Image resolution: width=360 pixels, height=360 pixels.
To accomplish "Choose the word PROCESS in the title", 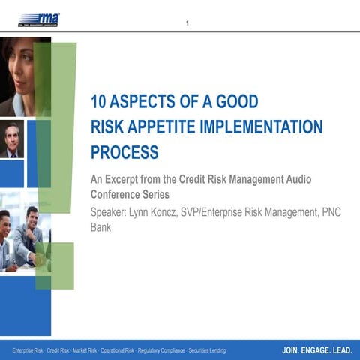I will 124,152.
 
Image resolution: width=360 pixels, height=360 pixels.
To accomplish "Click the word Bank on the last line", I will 101,226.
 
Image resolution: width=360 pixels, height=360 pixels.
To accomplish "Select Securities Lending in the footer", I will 228,350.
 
